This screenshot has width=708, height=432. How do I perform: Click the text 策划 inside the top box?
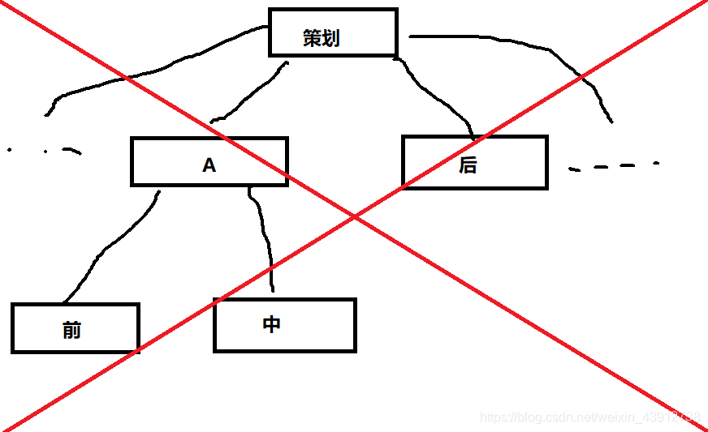321,38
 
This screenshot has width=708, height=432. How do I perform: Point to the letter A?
209,165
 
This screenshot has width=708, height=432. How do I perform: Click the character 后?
468,165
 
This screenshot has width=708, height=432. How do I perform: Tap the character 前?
71,330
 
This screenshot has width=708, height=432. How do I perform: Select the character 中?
272,324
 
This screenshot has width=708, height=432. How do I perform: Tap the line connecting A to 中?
265,235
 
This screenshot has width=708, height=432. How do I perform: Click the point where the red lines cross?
355,216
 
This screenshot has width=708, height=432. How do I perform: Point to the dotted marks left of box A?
49,150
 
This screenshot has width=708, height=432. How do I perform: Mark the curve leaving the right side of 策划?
552,53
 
